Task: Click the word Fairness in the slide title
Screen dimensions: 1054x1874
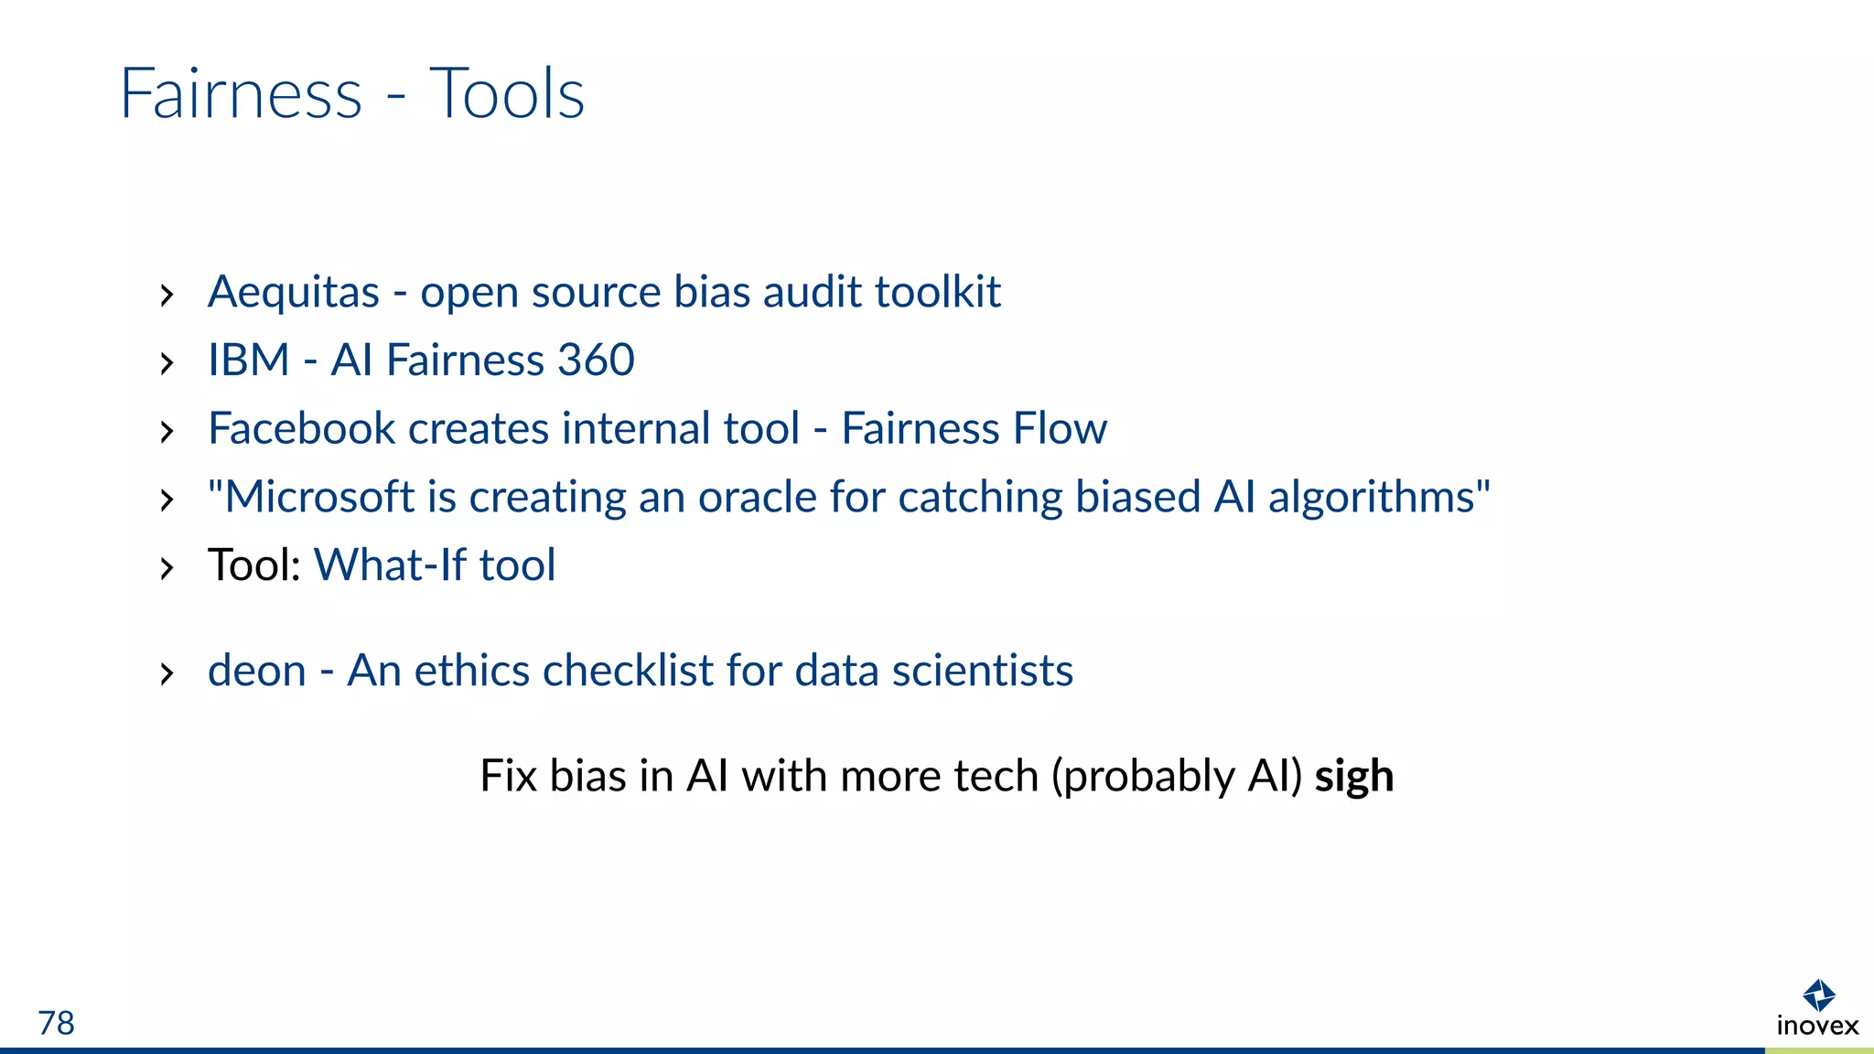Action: pyautogui.click(x=242, y=94)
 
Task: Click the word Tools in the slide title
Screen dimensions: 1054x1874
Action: pyautogui.click(x=506, y=94)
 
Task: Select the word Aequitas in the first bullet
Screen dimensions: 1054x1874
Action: pyautogui.click(x=293, y=293)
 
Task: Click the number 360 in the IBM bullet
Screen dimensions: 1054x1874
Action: pyautogui.click(x=596, y=360)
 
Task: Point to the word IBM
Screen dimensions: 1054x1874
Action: pyautogui.click(x=248, y=360)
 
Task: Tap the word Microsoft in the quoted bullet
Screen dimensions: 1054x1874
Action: pyautogui.click(x=319, y=497)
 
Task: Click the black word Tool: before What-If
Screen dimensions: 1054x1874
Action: pyautogui.click(x=254, y=565)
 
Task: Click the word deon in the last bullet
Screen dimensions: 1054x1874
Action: pyautogui.click(x=256, y=671)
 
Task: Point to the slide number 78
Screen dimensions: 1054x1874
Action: pyautogui.click(x=56, y=1023)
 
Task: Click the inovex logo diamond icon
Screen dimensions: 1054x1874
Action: pyautogui.click(x=1818, y=995)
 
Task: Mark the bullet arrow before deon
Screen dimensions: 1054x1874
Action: pyautogui.click(x=167, y=674)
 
